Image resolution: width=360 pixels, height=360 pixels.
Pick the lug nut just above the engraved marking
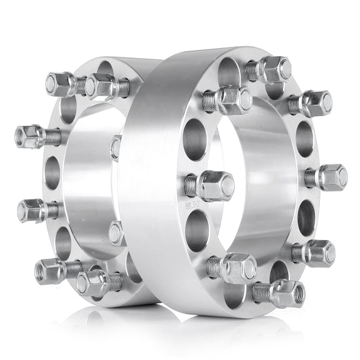pos(216,185)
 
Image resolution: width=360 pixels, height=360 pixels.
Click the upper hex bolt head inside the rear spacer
pos(116,147)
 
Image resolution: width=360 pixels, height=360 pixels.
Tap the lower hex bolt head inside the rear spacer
pos(116,232)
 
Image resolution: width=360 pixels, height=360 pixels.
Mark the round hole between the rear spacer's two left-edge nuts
pos(52,172)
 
